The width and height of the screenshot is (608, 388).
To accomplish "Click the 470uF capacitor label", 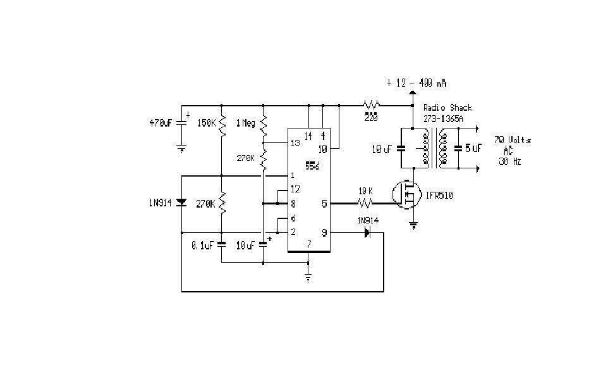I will click(x=159, y=123).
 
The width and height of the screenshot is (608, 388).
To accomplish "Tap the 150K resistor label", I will click(x=207, y=123).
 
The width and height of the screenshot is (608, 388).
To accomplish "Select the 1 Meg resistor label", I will click(x=246, y=123).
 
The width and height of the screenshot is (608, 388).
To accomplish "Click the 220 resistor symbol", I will click(x=370, y=105).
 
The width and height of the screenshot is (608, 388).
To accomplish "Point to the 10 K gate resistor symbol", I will click(x=365, y=204).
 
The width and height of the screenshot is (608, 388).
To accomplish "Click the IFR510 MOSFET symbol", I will click(x=405, y=195).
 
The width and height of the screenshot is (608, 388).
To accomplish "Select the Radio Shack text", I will click(x=447, y=108).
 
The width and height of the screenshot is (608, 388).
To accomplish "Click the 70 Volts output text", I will click(x=513, y=140).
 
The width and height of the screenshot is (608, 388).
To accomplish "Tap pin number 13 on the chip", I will click(x=295, y=143).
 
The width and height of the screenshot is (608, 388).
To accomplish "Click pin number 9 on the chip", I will click(x=324, y=232).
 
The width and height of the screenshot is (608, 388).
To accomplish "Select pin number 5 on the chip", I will click(x=324, y=204).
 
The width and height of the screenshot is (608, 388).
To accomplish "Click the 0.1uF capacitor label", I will click(x=202, y=245).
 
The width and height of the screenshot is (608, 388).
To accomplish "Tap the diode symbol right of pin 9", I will click(x=367, y=232).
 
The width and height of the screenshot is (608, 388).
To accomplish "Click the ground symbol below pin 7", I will click(x=308, y=277).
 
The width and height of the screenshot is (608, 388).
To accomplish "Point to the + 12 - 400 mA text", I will click(x=418, y=83).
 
